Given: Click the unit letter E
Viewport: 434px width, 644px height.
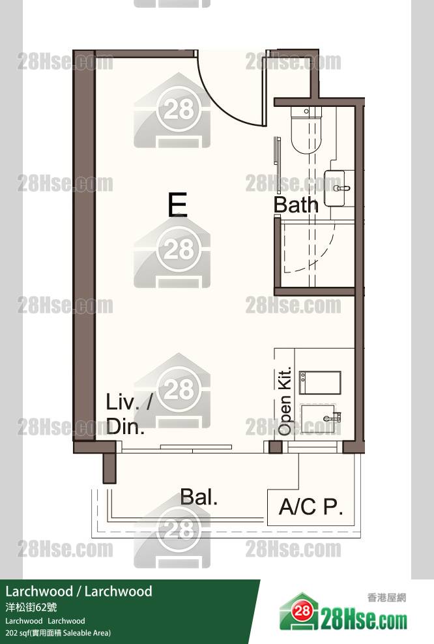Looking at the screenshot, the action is [177, 204].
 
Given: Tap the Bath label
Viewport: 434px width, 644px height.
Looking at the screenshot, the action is [296, 204].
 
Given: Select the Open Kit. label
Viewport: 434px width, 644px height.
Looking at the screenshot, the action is [285, 401].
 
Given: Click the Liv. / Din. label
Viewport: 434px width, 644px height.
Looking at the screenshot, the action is [128, 414].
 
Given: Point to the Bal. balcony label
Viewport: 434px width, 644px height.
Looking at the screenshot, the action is [199, 497].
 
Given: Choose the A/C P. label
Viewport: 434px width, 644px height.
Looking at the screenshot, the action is [311, 506].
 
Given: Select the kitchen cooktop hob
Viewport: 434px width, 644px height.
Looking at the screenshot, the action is [320, 383].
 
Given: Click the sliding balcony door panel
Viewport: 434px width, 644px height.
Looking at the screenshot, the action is [196, 446].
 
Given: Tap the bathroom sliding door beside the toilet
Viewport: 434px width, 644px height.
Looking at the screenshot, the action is [278, 165].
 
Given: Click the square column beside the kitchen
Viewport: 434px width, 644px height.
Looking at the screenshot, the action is [275, 447].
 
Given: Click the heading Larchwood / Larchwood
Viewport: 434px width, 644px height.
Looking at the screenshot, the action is [79, 591].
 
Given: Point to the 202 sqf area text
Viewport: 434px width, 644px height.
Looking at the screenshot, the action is [58, 633].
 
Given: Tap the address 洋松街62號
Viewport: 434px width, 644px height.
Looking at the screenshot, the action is [31, 607].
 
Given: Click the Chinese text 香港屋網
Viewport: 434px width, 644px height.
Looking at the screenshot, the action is [386, 598].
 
